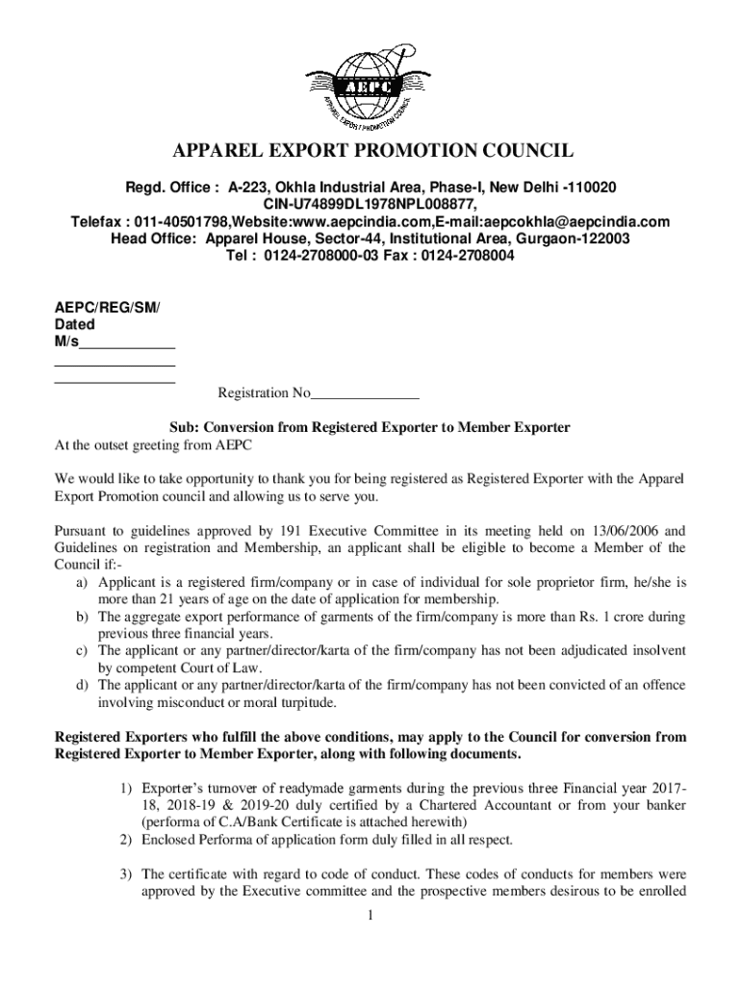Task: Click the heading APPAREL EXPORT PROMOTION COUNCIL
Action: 370,151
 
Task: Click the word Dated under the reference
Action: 74,325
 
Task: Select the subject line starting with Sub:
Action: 370,428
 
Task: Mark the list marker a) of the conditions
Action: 82,583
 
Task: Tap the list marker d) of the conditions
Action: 82,686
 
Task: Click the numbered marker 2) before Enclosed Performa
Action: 126,840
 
